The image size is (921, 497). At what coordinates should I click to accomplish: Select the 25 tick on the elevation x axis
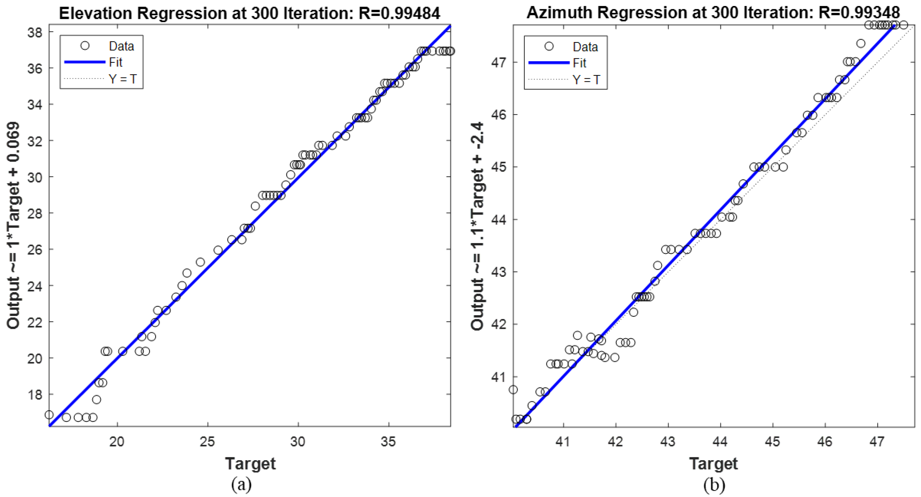207,442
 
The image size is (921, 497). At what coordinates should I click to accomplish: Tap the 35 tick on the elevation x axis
388,442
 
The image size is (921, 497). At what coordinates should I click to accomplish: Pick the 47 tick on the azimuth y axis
499,63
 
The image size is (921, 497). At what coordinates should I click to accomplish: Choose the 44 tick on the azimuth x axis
720,442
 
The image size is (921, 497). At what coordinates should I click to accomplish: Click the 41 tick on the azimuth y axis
499,377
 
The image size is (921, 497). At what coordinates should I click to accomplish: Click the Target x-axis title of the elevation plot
250,464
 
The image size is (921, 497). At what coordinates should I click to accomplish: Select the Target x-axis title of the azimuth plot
713,464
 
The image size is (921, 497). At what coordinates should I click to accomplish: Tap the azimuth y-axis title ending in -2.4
477,225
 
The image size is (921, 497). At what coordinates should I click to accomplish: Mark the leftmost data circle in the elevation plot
49,415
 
